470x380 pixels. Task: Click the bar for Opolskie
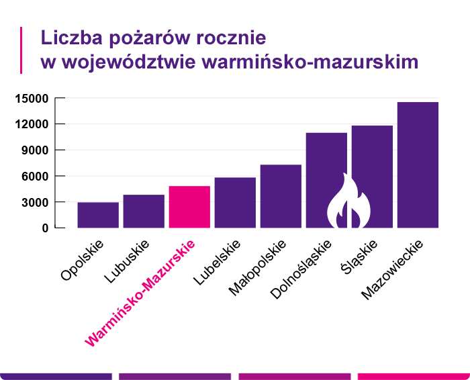pos(98,215)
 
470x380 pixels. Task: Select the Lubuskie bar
pos(144,211)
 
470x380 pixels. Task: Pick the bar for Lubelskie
pos(235,202)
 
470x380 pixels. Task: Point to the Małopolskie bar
pos(281,196)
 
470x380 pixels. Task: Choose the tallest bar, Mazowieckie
pos(418,164)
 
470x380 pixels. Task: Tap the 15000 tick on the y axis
pos(31,99)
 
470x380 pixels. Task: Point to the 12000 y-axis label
pos(31,124)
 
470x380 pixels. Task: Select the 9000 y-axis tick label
pos(34,150)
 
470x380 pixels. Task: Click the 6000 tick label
pos(34,176)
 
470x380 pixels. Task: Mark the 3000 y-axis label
pos(34,202)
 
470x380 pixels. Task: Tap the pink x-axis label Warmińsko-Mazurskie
pos(140,293)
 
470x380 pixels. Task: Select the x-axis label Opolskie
pos(83,258)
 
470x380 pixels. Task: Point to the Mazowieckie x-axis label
pos(391,269)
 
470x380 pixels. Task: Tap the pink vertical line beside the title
pos(22,50)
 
